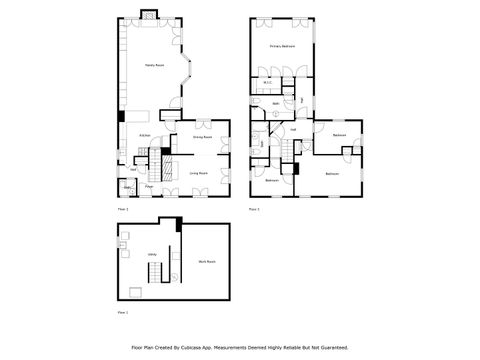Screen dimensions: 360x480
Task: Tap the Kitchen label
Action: pyautogui.click(x=144, y=134)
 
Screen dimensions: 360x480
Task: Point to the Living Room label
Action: pyautogui.click(x=199, y=172)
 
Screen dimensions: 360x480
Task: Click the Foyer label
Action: pyautogui.click(x=148, y=186)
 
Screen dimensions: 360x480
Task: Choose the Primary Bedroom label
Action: pyautogui.click(x=281, y=47)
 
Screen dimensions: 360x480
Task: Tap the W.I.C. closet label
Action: pyautogui.click(x=269, y=83)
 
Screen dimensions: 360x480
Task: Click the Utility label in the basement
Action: pyautogui.click(x=153, y=255)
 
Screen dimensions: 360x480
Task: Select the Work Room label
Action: pyautogui.click(x=207, y=261)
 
